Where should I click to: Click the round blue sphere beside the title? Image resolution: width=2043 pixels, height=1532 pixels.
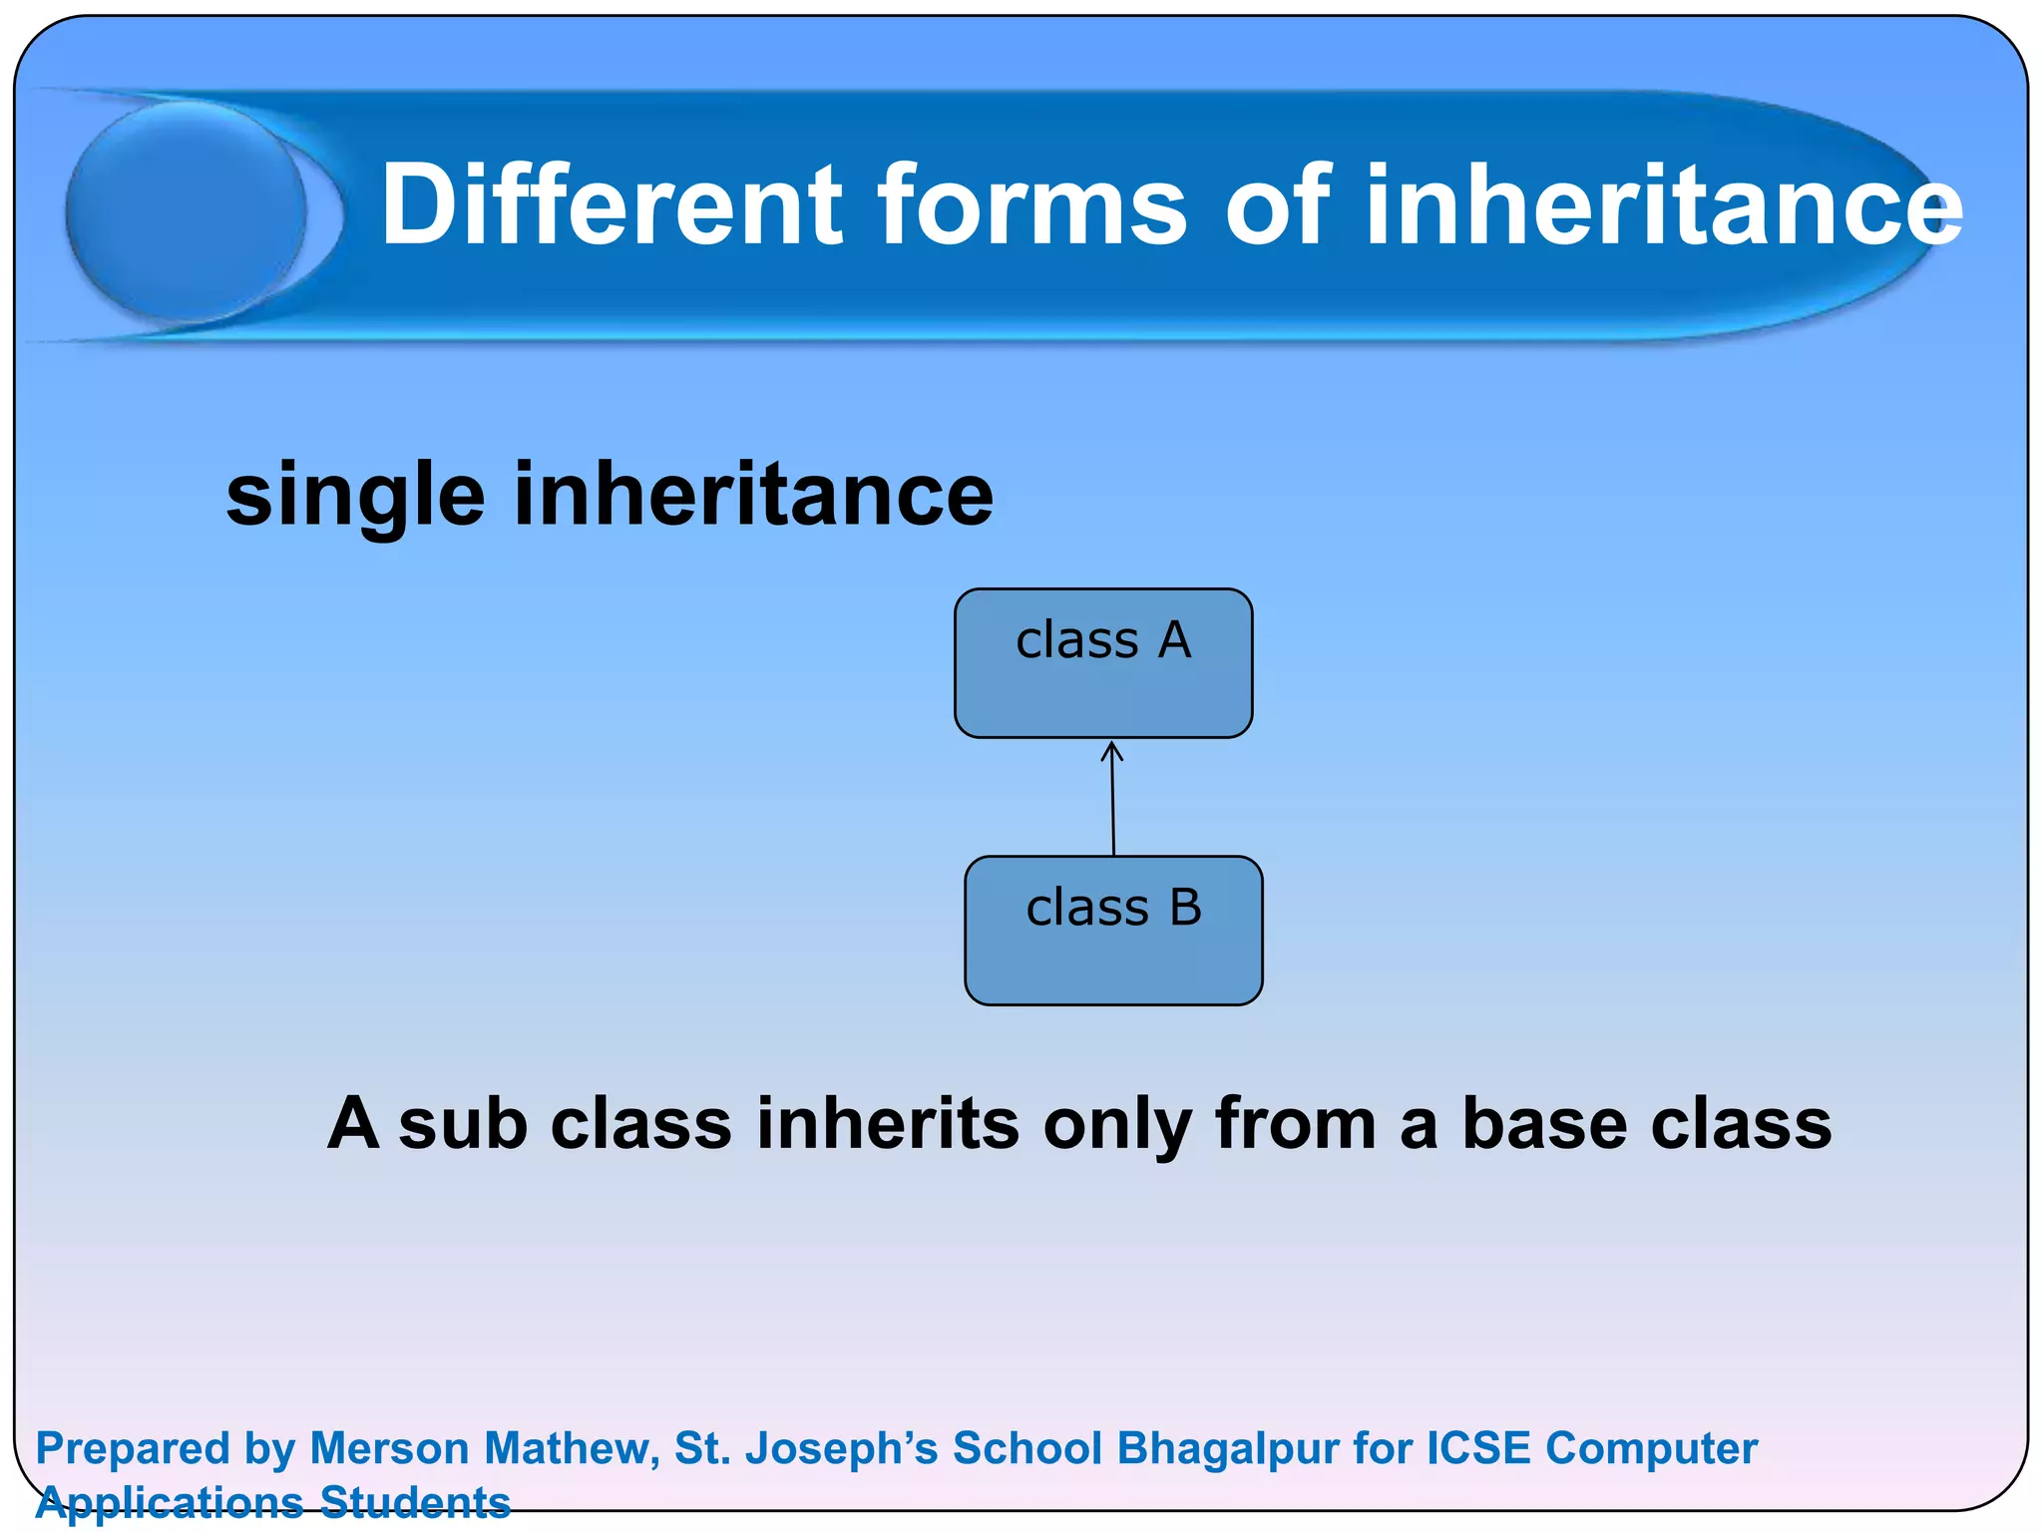point(187,211)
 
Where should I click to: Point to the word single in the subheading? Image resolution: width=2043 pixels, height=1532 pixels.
point(355,496)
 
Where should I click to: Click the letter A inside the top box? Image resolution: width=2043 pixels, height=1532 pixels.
point(1174,640)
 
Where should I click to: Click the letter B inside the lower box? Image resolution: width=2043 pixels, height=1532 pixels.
point(1185,908)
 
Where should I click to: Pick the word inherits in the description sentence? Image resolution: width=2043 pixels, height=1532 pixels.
point(888,1123)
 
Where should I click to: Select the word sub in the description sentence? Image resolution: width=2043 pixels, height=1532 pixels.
point(463,1123)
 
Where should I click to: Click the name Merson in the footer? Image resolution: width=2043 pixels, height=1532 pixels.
point(389,1448)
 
